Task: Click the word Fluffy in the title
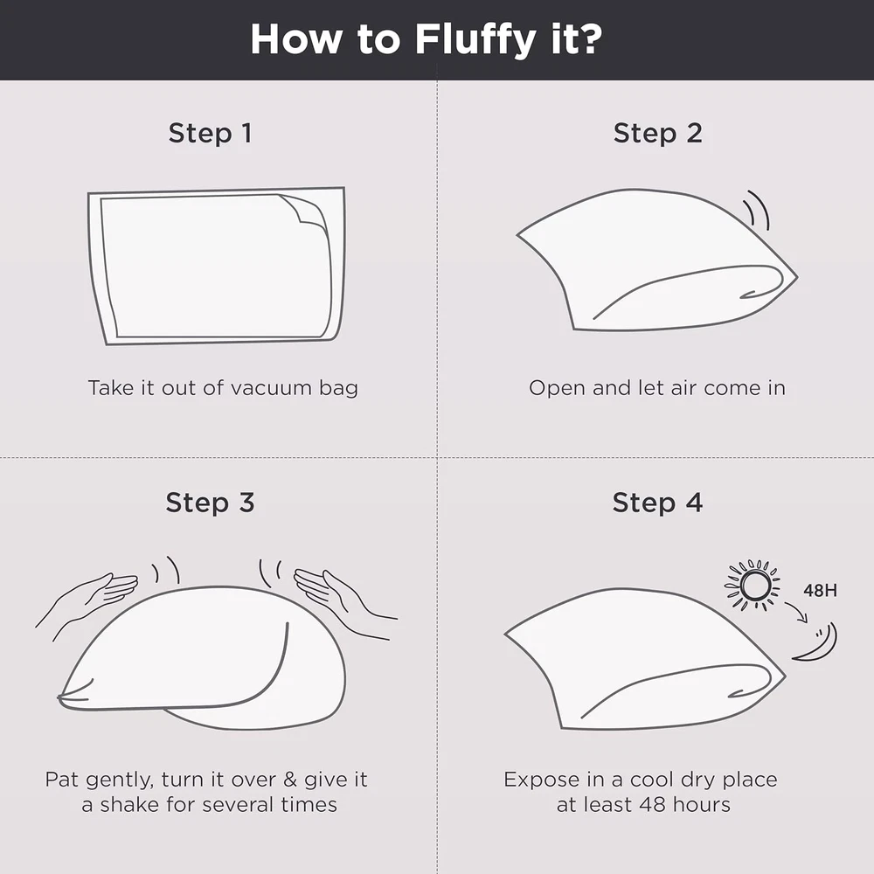pos(475,39)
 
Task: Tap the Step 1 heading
pos(210,133)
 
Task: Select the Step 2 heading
pos(658,133)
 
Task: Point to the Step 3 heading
pos(210,503)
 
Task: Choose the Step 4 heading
pos(658,503)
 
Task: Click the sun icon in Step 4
pos(752,586)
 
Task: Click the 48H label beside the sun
pos(820,590)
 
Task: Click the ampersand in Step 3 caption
pos(290,780)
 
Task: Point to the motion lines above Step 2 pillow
pos(758,210)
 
